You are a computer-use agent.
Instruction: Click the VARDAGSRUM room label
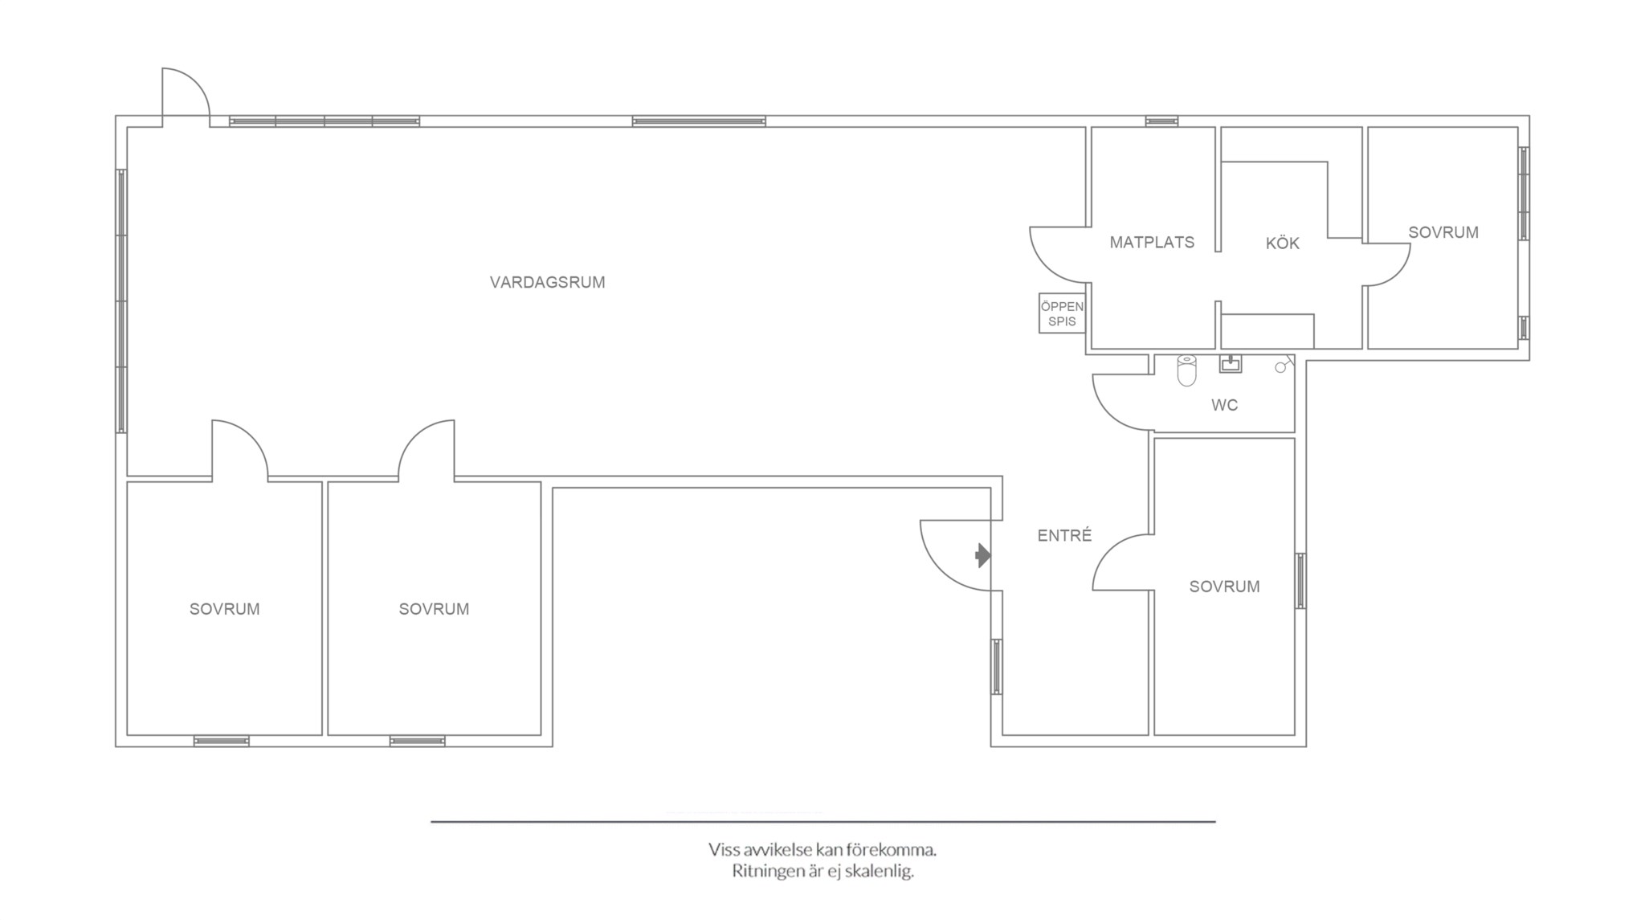tap(547, 282)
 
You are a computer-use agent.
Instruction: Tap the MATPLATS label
tap(1152, 242)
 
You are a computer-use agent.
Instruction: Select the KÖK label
tap(1282, 242)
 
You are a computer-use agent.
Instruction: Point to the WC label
tap(1224, 405)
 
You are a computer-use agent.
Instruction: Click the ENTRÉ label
tap(1064, 535)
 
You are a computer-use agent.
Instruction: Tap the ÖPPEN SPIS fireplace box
tap(1062, 313)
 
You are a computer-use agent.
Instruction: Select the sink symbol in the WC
tap(1230, 363)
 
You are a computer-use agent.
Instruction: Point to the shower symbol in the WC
tap(1284, 365)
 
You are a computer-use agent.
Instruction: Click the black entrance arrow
tap(983, 555)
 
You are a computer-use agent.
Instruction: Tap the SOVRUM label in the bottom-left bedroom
tap(224, 609)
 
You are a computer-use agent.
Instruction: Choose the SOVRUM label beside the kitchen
tap(1443, 232)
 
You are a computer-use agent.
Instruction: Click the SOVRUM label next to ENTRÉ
tap(1224, 587)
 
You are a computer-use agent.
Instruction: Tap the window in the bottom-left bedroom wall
tap(221, 741)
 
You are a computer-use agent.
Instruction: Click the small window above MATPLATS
tap(1161, 121)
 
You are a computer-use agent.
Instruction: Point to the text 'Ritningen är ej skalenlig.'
tap(822, 872)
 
